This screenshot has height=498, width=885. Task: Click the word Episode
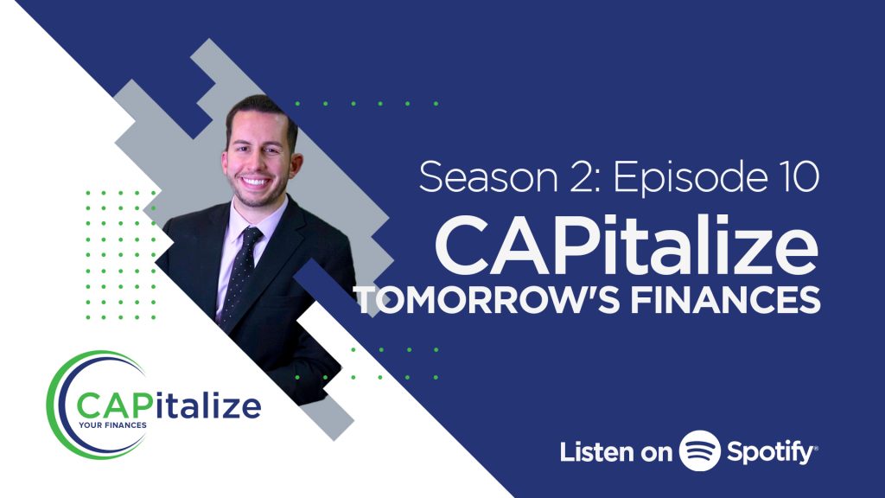[689, 178]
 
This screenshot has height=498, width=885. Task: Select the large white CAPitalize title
[627, 247]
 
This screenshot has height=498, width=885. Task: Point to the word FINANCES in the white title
[725, 299]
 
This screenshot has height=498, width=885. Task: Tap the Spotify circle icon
[700, 450]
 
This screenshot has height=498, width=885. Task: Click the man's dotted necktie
[240, 277]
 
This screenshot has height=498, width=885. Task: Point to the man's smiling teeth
[255, 182]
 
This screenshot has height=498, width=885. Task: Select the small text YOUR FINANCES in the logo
[112, 425]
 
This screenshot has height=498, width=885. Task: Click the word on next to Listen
[655, 454]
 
